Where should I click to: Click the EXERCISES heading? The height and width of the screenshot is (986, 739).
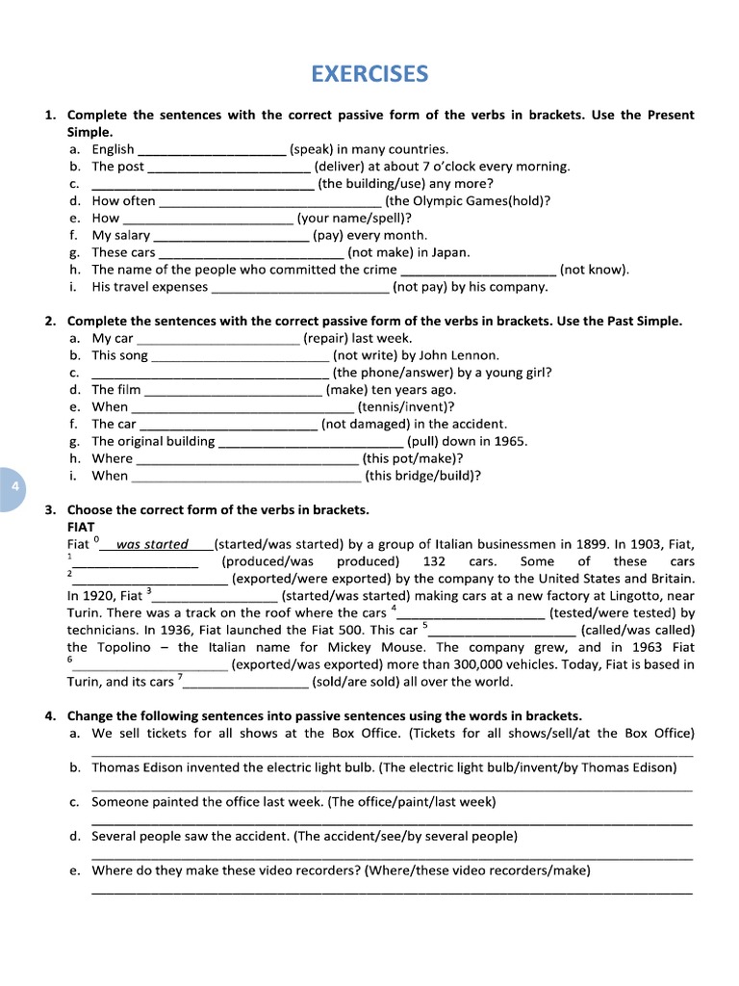pyautogui.click(x=369, y=74)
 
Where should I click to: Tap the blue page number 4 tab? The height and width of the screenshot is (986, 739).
pyautogui.click(x=14, y=487)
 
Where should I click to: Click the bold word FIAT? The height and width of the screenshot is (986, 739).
pyautogui.click(x=81, y=527)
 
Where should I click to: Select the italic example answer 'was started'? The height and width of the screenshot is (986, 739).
pyautogui.click(x=152, y=544)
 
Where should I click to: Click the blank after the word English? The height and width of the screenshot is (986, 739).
pyautogui.click(x=213, y=149)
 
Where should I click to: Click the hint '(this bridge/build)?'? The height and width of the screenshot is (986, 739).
pyautogui.click(x=423, y=476)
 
